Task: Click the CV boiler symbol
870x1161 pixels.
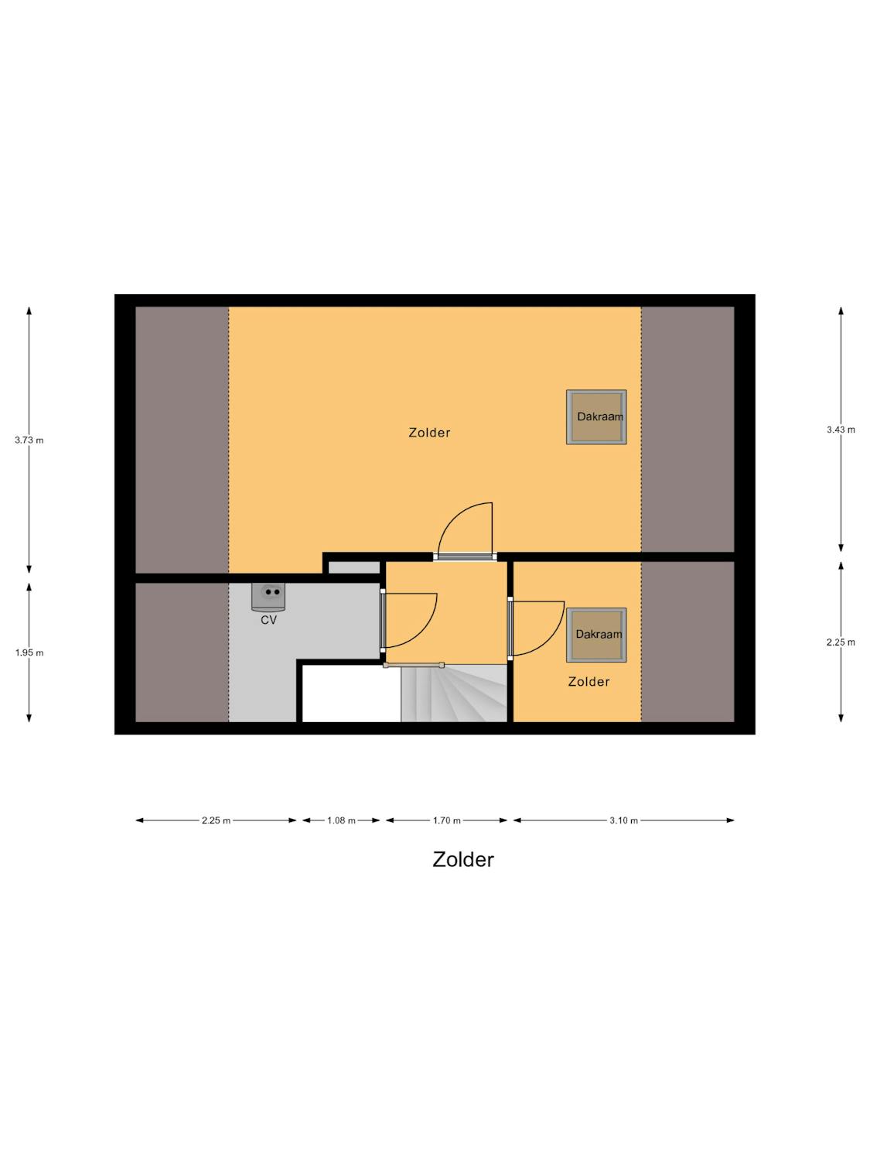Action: coord(268,595)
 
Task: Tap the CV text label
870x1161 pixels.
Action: coord(268,620)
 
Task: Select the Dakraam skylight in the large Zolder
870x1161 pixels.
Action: coord(596,416)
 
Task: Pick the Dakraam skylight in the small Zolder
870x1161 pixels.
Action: coord(596,635)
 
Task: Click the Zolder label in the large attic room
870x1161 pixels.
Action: coord(429,433)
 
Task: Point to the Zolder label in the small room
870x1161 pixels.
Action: coord(589,682)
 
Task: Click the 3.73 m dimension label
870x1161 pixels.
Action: coord(29,440)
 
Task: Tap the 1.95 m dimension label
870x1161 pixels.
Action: coord(29,652)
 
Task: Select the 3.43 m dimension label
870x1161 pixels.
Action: coord(841,430)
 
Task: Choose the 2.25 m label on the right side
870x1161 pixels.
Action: coord(841,642)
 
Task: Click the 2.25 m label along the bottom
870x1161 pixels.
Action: coord(216,821)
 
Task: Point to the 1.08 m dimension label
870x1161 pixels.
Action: coord(341,821)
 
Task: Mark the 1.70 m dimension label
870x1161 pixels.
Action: coord(447,821)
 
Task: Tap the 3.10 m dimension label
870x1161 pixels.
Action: coord(624,821)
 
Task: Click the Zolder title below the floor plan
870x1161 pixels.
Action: coord(463,860)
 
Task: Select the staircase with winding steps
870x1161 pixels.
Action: coord(454,693)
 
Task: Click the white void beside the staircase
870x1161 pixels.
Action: coord(351,694)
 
